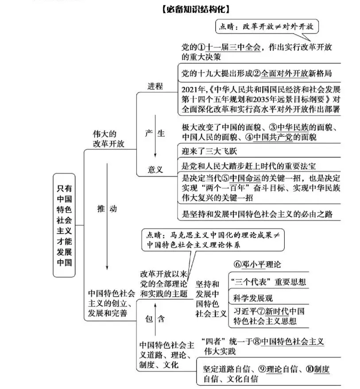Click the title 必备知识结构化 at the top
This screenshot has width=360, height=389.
196,9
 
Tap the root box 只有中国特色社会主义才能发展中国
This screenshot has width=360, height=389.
64,225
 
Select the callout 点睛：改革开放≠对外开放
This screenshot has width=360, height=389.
267,27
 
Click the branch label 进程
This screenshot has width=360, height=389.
155,86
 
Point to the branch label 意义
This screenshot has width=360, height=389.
155,169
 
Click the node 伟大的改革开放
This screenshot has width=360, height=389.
108,139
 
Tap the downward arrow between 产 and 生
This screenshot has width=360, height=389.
155,136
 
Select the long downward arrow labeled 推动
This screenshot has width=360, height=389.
107,216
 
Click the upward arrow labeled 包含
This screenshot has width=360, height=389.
155,319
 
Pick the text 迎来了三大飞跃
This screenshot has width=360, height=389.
209,151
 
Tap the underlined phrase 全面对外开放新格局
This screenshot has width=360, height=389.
296,73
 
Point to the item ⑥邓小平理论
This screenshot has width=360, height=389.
257,265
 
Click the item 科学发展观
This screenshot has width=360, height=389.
253,298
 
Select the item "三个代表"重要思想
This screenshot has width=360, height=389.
268,282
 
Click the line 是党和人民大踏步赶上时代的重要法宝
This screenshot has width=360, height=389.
249,166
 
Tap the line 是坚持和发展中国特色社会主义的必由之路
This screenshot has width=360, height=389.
257,214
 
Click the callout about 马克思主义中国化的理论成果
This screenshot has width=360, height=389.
213,240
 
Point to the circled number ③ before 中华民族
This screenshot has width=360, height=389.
273,127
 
